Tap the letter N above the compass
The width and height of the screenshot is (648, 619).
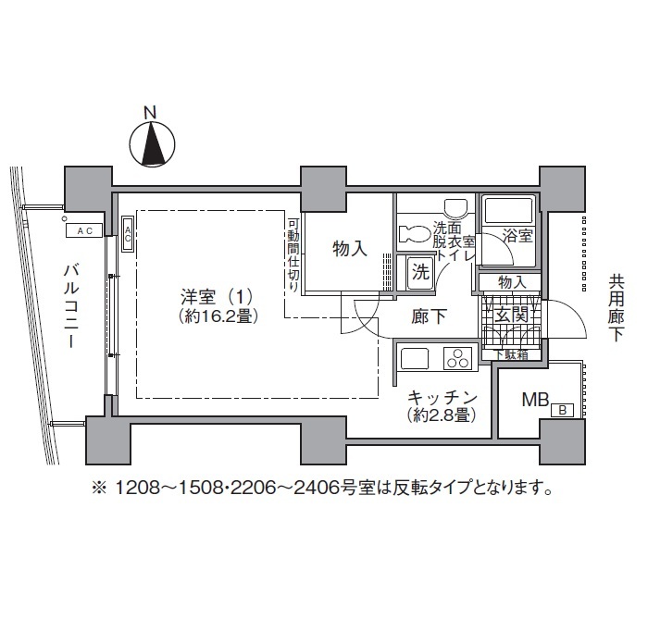tap(150, 113)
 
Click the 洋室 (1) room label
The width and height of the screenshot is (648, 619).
tap(215, 297)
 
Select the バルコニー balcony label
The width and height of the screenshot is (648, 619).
tap(69, 304)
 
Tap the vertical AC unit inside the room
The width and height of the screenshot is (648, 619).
tap(127, 231)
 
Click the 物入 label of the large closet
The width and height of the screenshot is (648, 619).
tap(349, 248)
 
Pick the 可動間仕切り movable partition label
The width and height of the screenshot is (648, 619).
tap(292, 254)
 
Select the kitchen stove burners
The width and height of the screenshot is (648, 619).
tap(458, 356)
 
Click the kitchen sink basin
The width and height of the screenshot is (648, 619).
tap(412, 356)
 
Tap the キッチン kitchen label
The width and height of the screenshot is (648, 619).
tap(442, 397)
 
